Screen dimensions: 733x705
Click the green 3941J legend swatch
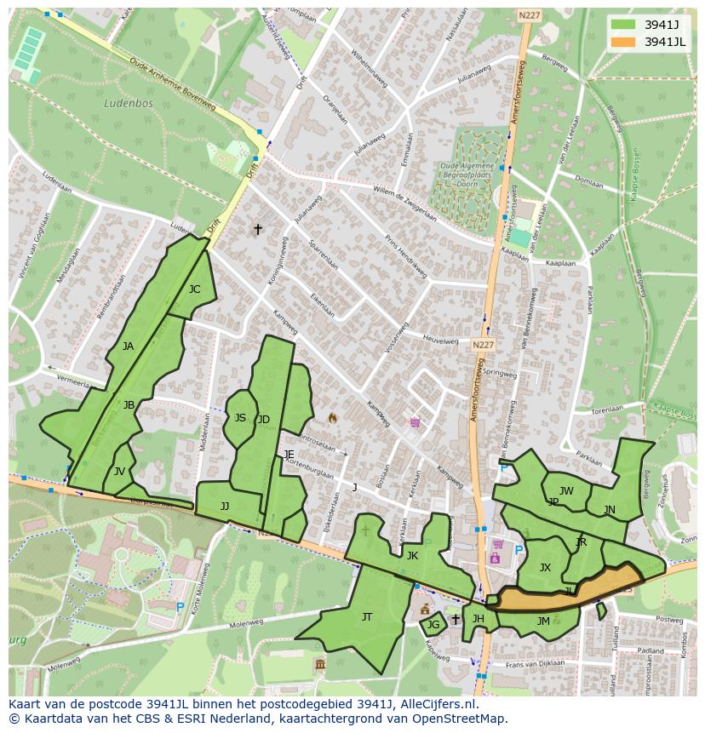[622, 25]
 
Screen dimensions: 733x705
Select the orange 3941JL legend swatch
[622, 42]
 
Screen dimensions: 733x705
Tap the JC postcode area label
[194, 289]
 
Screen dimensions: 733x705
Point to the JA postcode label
[128, 346]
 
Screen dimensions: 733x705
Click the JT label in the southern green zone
[366, 617]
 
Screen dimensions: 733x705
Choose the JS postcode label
[240, 418]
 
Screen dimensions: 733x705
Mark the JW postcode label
[566, 491]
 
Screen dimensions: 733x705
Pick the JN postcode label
[609, 510]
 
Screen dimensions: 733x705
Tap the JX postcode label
[545, 568]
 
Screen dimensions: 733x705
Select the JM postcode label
[542, 621]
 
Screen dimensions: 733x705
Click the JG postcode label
[433, 625]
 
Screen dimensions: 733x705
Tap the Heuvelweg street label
[440, 338]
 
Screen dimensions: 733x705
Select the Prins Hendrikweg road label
[404, 255]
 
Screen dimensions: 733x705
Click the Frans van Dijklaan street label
[536, 663]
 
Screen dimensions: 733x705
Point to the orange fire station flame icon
[332, 418]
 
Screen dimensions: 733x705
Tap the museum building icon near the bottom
[319, 664]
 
